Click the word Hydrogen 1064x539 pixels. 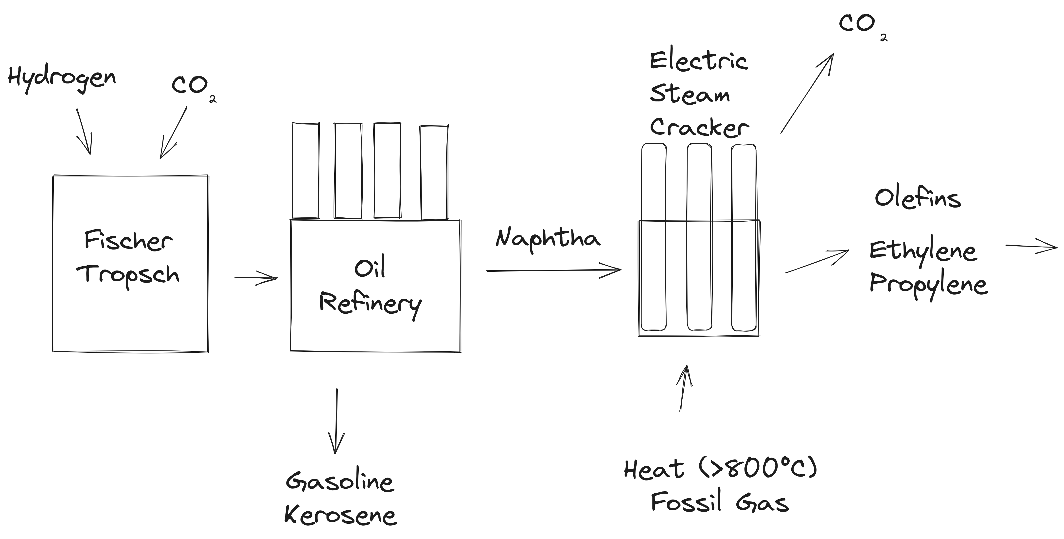[x=62, y=78]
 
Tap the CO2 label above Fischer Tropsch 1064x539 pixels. [x=192, y=87]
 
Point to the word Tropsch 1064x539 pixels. [x=128, y=275]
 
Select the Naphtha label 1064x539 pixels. [x=548, y=239]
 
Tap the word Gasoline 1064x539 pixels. [x=340, y=481]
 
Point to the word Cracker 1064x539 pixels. [x=699, y=127]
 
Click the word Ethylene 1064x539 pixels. [x=923, y=251]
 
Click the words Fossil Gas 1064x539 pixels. [x=720, y=502]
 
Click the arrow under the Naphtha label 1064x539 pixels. [x=553, y=270]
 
